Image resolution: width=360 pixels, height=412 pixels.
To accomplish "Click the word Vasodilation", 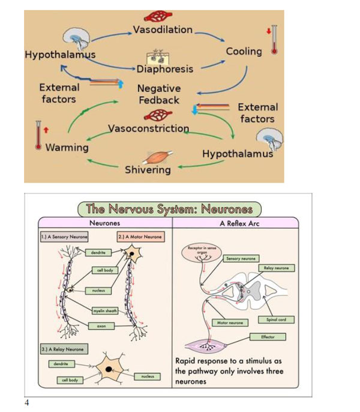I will (162, 29).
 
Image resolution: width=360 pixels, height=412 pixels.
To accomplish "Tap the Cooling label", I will (244, 51).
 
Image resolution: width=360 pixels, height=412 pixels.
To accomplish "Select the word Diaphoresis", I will (164, 68).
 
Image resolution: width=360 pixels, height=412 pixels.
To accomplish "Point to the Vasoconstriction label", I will (149, 129).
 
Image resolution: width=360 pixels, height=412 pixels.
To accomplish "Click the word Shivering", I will (148, 169).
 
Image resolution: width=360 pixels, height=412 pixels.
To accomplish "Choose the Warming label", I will (67, 147).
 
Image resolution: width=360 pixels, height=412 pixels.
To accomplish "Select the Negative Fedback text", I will (159, 94).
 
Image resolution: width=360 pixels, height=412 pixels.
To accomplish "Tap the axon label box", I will (101, 326).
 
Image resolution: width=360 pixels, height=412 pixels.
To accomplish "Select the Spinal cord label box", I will (280, 320).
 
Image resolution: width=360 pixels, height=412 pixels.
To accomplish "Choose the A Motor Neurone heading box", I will (140, 237).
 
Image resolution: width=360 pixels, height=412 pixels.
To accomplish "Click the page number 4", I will (27, 402).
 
